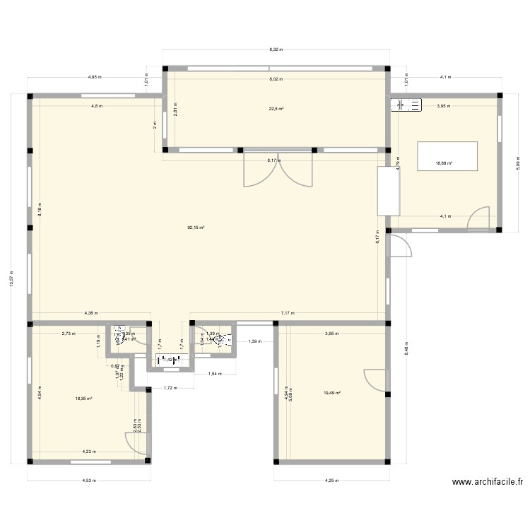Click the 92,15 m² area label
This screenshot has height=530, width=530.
pos(196,228)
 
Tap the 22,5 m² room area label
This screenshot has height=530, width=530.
pos(276,109)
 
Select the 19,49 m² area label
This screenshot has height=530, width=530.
pos(332,394)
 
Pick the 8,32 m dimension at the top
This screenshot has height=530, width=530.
pos(276,49)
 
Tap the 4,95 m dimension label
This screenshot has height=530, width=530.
pos(95,77)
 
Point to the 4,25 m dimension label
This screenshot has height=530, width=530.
pos(331,481)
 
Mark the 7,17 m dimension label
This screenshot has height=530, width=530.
pos(287,312)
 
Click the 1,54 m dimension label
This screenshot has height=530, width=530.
pos(214,375)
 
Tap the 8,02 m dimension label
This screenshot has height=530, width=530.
pos(276,80)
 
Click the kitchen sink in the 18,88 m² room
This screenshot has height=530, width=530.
pos(406,105)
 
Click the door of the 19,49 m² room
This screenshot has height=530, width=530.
pos(377,380)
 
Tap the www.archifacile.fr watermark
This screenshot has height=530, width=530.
pos(488,483)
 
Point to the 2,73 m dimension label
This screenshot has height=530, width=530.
pos(68,332)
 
